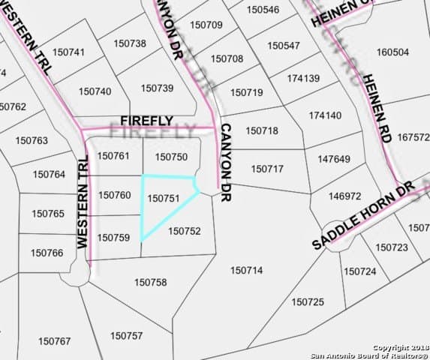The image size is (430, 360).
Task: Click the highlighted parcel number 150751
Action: click(x=164, y=199)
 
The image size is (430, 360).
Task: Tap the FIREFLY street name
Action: click(x=147, y=121)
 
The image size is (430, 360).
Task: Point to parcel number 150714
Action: click(x=246, y=270)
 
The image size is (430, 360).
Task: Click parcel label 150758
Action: click(x=150, y=282)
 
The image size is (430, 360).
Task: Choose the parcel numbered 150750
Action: click(x=170, y=157)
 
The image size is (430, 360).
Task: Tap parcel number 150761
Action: click(x=114, y=156)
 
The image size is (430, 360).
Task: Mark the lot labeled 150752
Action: click(x=185, y=231)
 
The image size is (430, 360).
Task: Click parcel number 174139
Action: click(x=303, y=79)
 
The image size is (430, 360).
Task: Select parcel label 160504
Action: click(x=392, y=52)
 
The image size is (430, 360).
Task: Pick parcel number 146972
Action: click(x=346, y=196)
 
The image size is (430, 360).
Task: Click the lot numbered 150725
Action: click(x=308, y=301)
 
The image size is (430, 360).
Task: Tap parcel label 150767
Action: click(x=54, y=341)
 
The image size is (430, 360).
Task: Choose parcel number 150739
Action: click(x=157, y=88)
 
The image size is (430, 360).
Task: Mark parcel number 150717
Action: click(x=267, y=169)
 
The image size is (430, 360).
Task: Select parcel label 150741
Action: click(x=69, y=52)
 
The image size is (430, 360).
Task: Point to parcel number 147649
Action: click(x=334, y=159)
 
